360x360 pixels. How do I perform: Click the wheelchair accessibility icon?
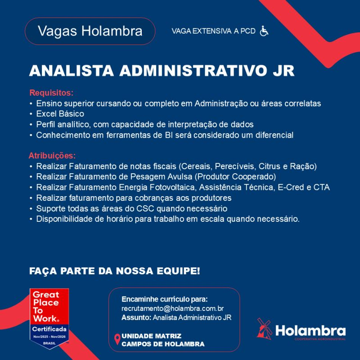(264, 31)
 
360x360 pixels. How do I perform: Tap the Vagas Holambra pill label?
(90, 31)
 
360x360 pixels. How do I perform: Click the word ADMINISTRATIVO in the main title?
(192, 71)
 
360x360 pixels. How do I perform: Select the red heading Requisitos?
(51, 93)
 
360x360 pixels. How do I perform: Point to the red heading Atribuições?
(52, 156)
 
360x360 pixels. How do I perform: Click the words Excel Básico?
(60, 114)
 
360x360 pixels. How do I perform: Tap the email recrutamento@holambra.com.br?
(173, 309)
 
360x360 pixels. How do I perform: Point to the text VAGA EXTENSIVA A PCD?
(214, 31)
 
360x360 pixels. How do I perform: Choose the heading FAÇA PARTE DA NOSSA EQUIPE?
(114, 271)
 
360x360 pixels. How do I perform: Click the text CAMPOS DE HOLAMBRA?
(163, 344)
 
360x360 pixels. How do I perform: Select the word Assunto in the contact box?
(136, 318)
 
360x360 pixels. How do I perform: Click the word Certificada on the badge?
(49, 330)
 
